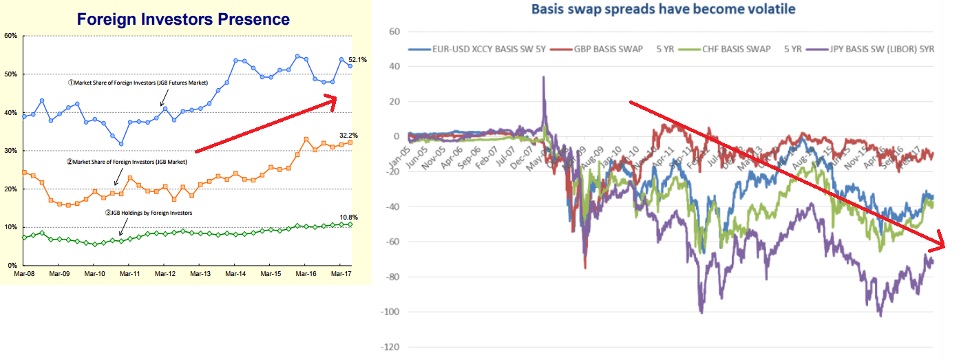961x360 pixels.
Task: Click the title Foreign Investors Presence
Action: (x=183, y=19)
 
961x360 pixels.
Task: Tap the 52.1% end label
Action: (x=358, y=60)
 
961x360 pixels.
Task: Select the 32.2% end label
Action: (x=349, y=136)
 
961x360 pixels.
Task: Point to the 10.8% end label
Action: (x=349, y=218)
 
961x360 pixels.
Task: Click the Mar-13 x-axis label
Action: (x=200, y=273)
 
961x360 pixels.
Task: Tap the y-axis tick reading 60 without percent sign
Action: (x=394, y=32)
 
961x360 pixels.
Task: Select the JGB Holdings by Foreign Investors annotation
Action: (x=148, y=213)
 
